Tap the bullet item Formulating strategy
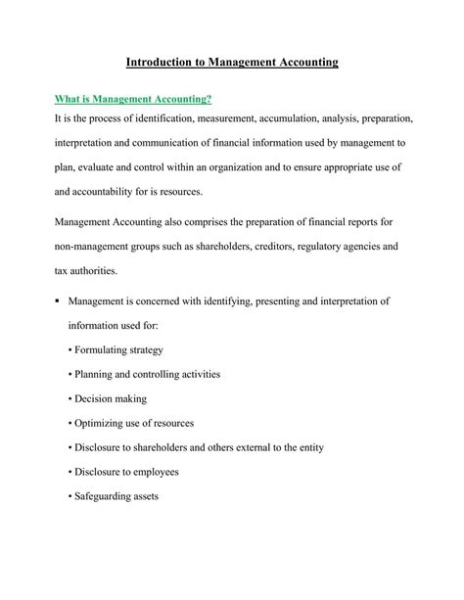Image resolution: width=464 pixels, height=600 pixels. (x=116, y=349)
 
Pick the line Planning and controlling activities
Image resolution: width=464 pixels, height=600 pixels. (x=144, y=374)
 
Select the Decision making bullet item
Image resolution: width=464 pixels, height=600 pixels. (x=108, y=398)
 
